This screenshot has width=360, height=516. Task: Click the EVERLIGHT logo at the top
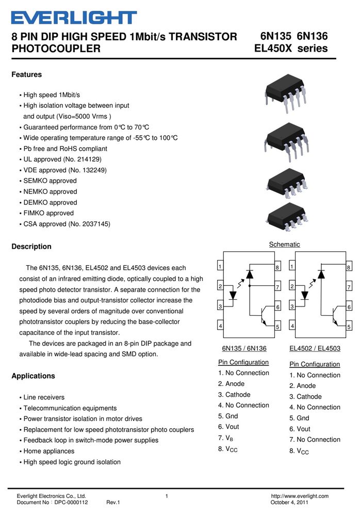pos(74,18)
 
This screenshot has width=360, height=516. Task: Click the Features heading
pos(27,75)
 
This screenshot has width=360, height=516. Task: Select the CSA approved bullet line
pos(65,224)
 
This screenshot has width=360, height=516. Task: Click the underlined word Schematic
pos(284,245)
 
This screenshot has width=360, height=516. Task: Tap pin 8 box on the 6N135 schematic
pos(277,267)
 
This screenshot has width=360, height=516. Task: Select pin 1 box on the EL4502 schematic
pos(292,266)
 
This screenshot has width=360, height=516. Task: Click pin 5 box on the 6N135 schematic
pos(277,326)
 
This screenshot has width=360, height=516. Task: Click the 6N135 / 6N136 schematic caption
pos(244,348)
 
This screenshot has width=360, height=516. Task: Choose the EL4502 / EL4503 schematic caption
pos(315,348)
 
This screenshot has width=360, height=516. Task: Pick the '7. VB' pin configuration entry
pos(225,438)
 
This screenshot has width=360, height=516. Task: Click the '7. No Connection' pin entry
pos(315,440)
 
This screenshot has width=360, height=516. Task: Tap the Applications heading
pos(33,376)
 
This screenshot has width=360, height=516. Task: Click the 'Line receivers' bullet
pos(42,397)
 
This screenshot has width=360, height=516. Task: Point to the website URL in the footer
pos(300,496)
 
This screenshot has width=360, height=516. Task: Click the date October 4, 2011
pos(289,502)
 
